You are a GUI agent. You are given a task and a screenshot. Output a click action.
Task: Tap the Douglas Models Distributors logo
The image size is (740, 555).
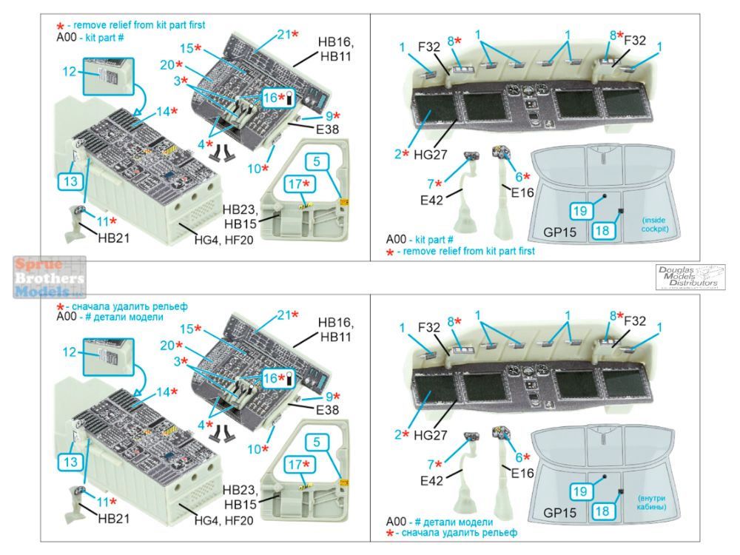[x=690, y=276]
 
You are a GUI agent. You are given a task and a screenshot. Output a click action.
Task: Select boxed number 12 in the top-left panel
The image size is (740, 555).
[x=70, y=72]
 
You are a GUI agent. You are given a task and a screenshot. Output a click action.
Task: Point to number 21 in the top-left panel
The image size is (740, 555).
[x=285, y=35]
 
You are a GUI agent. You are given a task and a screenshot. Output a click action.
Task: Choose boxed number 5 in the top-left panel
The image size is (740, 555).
[x=316, y=161]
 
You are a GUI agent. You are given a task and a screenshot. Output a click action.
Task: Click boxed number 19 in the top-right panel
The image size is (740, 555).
[x=579, y=211]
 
